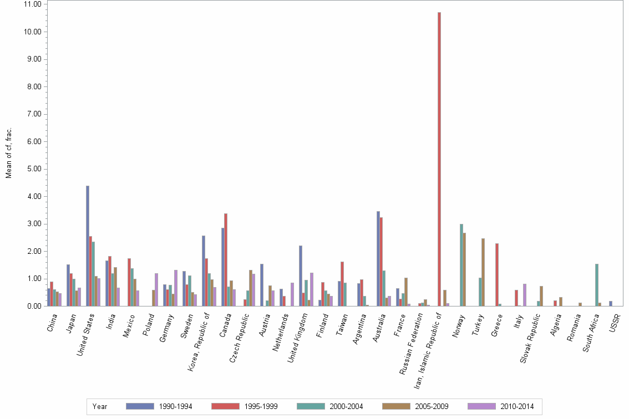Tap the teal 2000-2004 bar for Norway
pos(461,265)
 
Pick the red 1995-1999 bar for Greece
pos(497,274)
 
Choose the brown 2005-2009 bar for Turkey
pos(483,272)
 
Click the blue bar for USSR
pos(611,303)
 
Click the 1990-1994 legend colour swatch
pos(140,406)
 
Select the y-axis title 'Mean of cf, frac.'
pos(9,152)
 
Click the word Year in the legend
pos(100,407)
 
